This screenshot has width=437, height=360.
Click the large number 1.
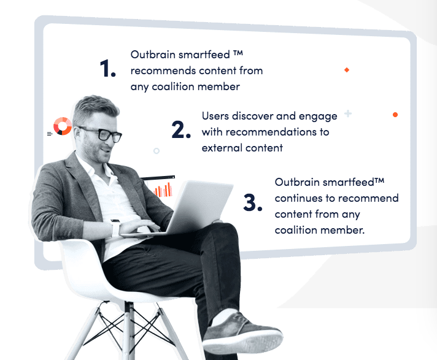(107, 68)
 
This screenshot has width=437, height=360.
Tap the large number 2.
(181, 129)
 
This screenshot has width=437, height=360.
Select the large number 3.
(252, 202)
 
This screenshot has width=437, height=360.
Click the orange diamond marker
(347, 70)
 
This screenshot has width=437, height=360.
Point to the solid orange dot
(395, 115)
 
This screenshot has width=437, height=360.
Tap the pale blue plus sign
(348, 113)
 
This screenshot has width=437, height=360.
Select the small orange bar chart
(163, 190)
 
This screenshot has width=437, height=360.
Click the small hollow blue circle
(157, 151)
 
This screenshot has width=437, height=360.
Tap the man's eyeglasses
(101, 133)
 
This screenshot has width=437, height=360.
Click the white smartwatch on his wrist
(115, 228)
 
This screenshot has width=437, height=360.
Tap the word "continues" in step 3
(298, 198)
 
